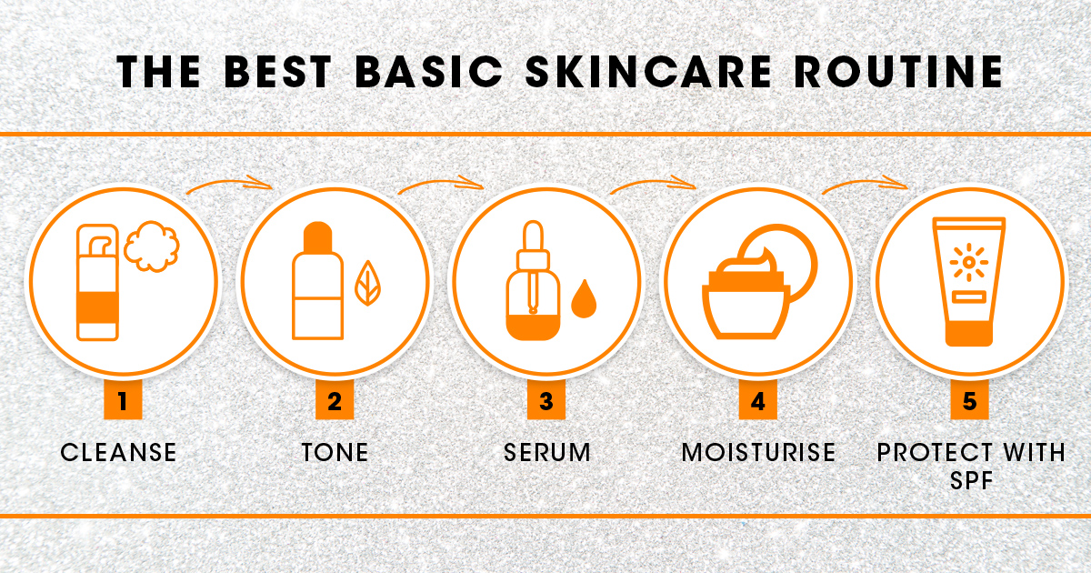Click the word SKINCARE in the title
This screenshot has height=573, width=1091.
(x=649, y=71)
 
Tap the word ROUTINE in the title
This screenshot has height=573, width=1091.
(x=898, y=71)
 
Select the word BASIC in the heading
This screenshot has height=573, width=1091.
(x=429, y=71)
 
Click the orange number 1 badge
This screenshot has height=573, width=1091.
(x=123, y=400)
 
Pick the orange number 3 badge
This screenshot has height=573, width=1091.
(x=546, y=400)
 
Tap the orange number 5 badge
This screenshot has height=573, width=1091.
(x=969, y=400)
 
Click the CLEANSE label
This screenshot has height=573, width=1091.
(x=118, y=452)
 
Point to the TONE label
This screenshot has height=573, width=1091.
(x=335, y=452)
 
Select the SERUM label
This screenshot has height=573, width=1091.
(x=547, y=452)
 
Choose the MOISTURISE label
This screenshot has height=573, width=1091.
(x=758, y=452)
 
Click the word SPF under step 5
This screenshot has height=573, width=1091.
(x=971, y=481)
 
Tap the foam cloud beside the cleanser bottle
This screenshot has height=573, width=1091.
(x=152, y=246)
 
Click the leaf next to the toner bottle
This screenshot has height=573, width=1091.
(x=367, y=283)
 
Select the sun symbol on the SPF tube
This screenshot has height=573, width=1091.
(x=969, y=262)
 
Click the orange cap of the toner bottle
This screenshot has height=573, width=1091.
(x=317, y=236)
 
